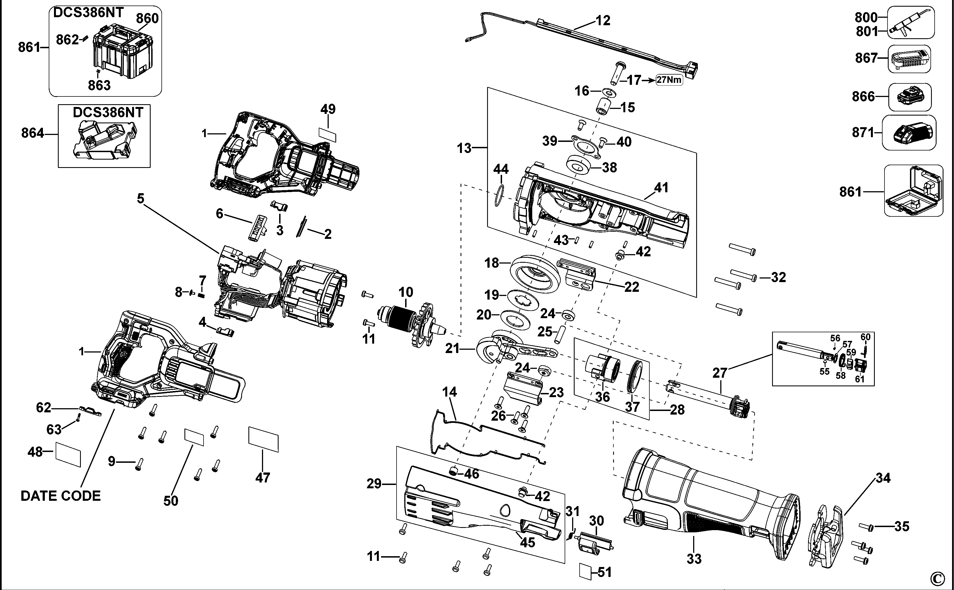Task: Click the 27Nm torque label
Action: pyautogui.click(x=669, y=80)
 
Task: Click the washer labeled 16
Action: pyautogui.click(x=608, y=93)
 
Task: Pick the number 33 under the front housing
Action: pyautogui.click(x=694, y=559)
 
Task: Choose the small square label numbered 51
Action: pyautogui.click(x=586, y=572)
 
